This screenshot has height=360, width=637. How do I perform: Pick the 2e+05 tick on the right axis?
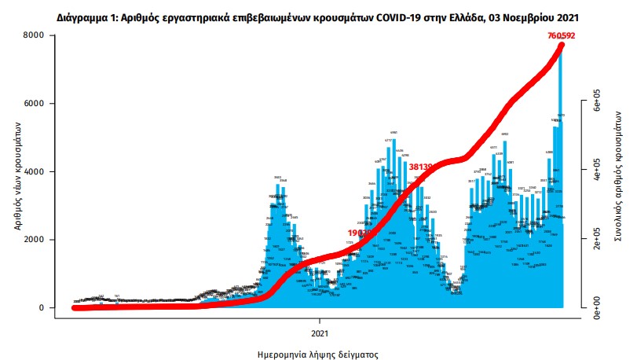click(596, 239)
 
